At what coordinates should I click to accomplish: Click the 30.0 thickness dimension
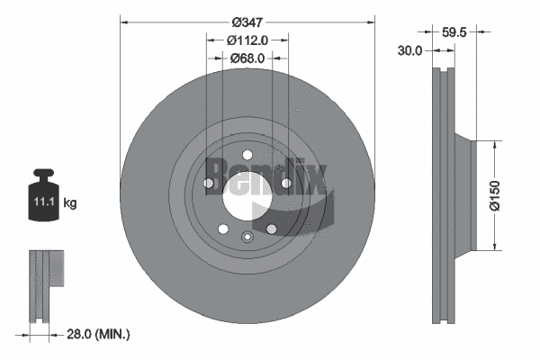[409, 51]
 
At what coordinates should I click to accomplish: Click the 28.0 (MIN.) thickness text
[99, 334]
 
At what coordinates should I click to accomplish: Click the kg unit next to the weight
[70, 203]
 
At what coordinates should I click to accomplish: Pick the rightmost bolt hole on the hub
[285, 184]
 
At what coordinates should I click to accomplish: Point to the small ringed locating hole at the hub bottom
[247, 238]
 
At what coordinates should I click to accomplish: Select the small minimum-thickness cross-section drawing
[44, 284]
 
